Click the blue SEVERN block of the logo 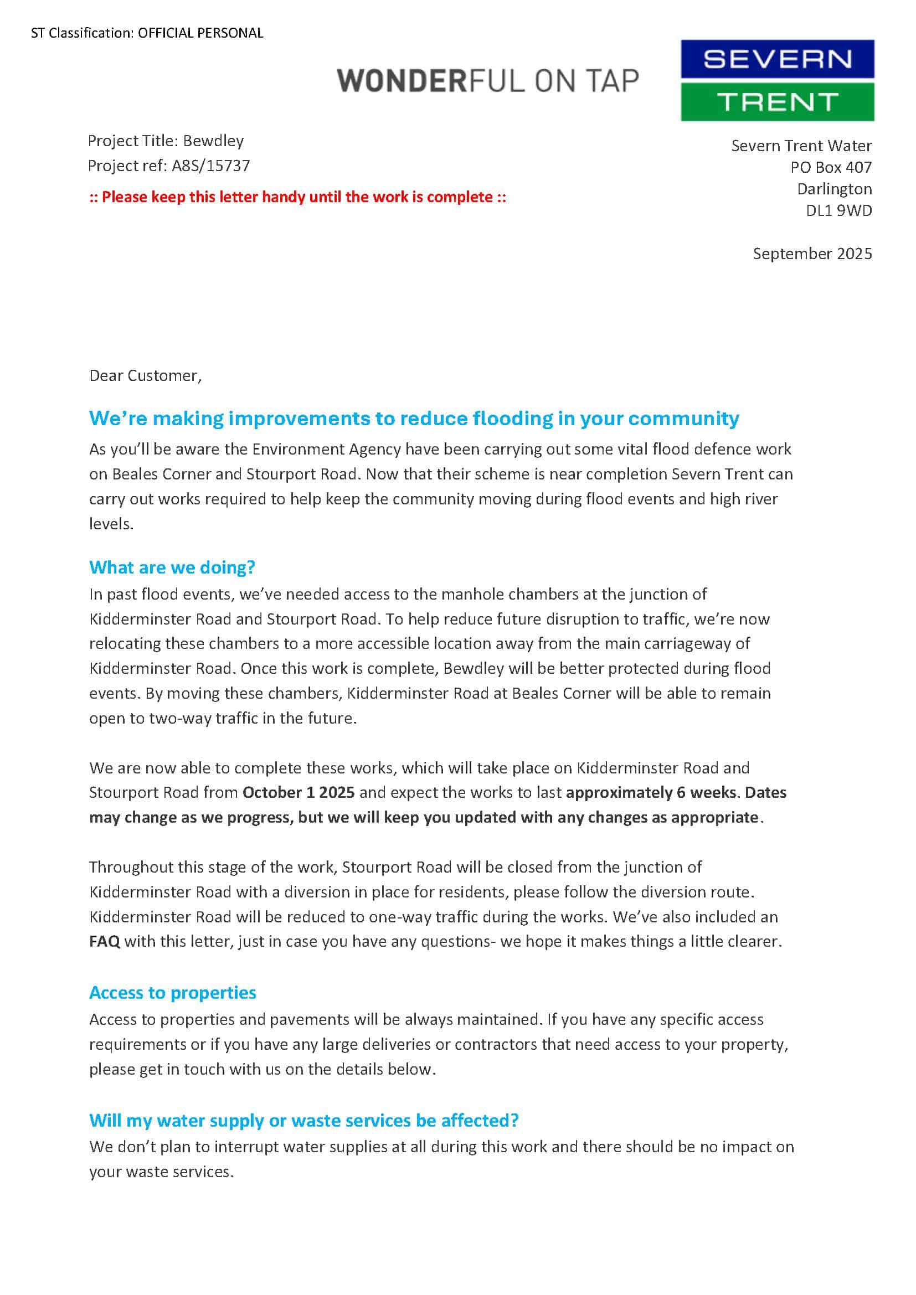[x=776, y=59]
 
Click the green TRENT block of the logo [x=776, y=102]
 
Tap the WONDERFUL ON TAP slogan [x=488, y=81]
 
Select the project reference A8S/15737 [x=210, y=166]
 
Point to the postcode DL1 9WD [x=838, y=210]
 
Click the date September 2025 [x=812, y=254]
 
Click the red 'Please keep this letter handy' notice [x=297, y=197]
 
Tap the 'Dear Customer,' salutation [x=146, y=375]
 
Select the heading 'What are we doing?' [x=172, y=567]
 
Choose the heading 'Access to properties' [x=173, y=992]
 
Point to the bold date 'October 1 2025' [x=299, y=792]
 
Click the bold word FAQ [x=104, y=941]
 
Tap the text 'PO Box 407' [x=830, y=167]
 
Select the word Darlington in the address [x=833, y=189]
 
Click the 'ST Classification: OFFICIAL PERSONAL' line [x=147, y=33]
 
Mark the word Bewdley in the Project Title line [x=213, y=141]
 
